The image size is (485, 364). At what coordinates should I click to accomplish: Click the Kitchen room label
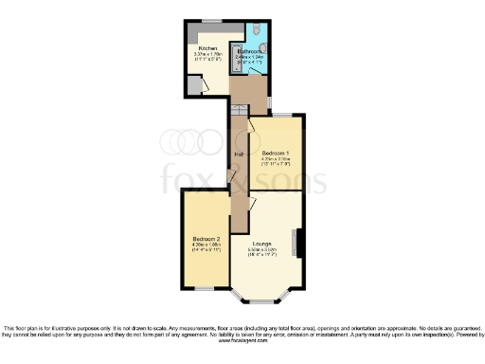(207, 47)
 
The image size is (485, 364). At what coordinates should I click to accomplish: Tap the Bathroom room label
(250, 50)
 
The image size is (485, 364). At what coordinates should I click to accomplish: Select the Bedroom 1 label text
(276, 153)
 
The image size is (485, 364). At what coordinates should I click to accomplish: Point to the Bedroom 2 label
(206, 238)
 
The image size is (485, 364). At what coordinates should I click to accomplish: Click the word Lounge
(262, 245)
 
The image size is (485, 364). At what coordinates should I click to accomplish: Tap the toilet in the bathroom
(266, 42)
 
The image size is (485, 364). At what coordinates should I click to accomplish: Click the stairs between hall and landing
(238, 122)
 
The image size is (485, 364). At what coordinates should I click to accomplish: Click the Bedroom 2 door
(229, 180)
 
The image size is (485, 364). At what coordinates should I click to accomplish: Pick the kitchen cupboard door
(197, 85)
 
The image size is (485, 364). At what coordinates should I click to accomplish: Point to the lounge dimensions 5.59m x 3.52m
(262, 252)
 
